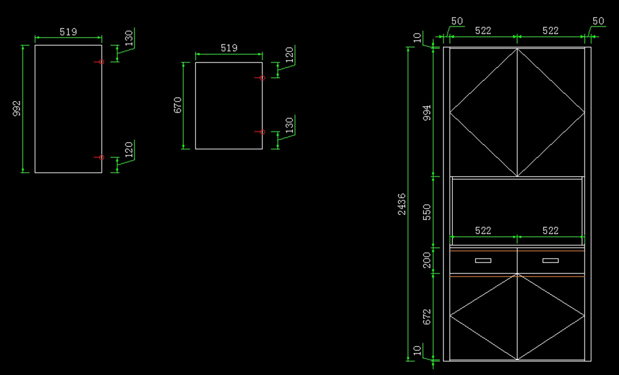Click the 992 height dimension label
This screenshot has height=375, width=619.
(x=17, y=109)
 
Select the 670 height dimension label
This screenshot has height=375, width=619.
(x=178, y=105)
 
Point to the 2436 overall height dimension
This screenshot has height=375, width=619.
(x=402, y=204)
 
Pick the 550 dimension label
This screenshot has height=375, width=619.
(x=427, y=212)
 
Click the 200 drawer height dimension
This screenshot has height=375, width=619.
(x=427, y=261)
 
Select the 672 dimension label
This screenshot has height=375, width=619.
(x=427, y=317)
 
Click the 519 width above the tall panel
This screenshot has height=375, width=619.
(x=68, y=32)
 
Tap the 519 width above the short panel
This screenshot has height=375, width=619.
(x=229, y=48)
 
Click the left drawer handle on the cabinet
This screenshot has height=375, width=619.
(x=483, y=261)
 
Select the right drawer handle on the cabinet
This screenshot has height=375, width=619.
(x=550, y=261)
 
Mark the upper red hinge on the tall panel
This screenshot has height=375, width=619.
(x=101, y=62)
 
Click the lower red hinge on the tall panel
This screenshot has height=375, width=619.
(x=101, y=157)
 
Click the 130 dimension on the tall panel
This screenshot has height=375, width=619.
(x=129, y=39)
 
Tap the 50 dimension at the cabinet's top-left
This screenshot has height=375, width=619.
(x=457, y=21)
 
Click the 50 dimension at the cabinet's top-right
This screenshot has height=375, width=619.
(x=598, y=21)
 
